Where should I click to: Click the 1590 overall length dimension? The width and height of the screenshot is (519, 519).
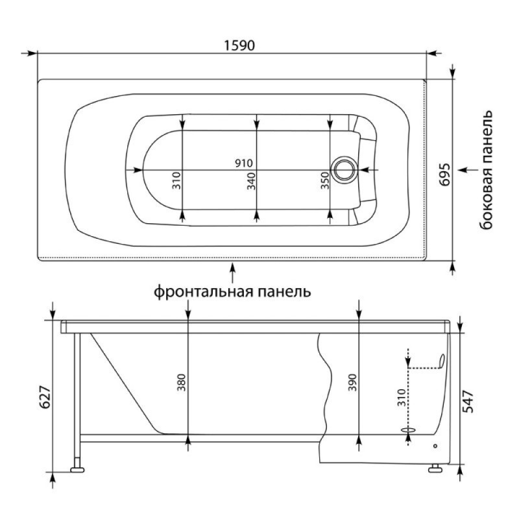(x=239, y=45)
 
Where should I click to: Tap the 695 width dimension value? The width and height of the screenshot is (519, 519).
(x=445, y=175)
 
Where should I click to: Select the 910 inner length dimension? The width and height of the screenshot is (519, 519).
(x=244, y=163)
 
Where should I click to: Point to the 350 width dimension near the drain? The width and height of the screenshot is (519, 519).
(x=326, y=181)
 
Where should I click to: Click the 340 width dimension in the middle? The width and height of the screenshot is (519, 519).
(x=252, y=181)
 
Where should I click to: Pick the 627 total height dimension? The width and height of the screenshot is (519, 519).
(x=45, y=397)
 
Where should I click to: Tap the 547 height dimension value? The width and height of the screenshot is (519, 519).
(x=468, y=402)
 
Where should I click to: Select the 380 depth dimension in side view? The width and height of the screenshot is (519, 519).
(x=181, y=383)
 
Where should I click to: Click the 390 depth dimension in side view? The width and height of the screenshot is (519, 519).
(x=352, y=383)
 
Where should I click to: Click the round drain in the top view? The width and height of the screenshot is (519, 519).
(x=344, y=169)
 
